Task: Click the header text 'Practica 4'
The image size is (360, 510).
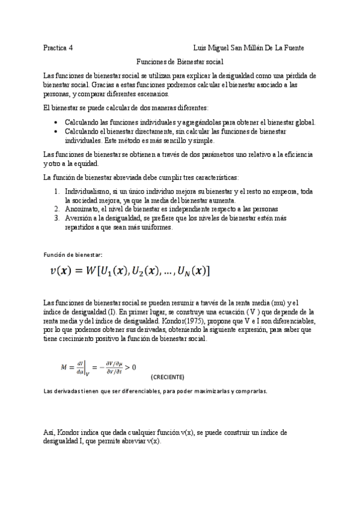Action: [x=58, y=48]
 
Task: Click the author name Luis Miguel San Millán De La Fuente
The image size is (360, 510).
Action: [x=248, y=48]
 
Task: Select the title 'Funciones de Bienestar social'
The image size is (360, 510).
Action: [x=180, y=61]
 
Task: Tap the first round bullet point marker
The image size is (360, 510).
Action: [x=56, y=122]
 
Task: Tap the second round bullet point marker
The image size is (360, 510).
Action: [x=56, y=131]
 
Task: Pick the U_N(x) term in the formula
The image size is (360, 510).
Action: [x=192, y=271]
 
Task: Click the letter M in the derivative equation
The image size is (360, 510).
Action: [x=64, y=366]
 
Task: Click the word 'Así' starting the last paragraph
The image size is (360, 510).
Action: [x=49, y=432]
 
